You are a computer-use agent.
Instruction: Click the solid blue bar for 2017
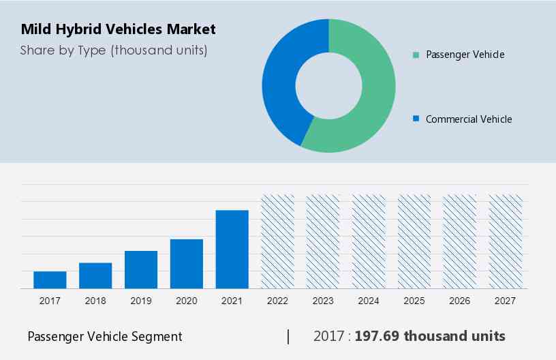click(50, 280)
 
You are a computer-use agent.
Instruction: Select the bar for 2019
click(141, 269)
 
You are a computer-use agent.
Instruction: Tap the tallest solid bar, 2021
click(232, 249)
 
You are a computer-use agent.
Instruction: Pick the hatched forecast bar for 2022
click(278, 241)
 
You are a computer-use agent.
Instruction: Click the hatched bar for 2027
click(506, 241)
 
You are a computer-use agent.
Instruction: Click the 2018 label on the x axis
click(95, 301)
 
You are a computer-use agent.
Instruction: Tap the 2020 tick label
click(187, 301)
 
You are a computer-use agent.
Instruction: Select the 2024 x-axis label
click(369, 301)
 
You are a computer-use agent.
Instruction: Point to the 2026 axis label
click(460, 301)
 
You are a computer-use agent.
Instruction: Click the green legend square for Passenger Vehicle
click(415, 55)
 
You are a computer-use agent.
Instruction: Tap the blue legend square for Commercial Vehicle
click(415, 119)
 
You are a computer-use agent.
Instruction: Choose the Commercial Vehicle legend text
click(468, 119)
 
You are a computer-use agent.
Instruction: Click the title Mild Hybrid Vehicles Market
click(118, 29)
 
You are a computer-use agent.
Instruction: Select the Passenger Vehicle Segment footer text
click(105, 336)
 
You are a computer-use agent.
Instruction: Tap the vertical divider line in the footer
click(288, 336)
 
